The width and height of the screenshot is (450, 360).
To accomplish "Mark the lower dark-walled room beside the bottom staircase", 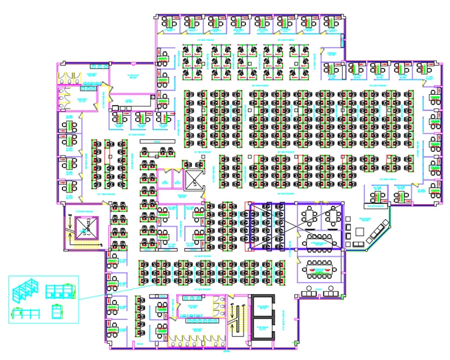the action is [262, 330].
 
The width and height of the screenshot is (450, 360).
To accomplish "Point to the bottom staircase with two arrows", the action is [236, 319].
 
